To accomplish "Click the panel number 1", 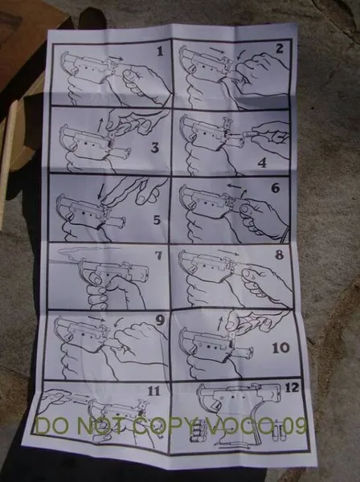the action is [x=160, y=52].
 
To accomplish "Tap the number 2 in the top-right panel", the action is [x=279, y=49].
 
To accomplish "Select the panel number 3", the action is [x=154, y=148].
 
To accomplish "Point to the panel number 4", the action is [x=262, y=162].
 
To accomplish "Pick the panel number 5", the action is [x=157, y=220].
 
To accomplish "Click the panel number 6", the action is [x=276, y=187].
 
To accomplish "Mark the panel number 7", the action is [x=158, y=255].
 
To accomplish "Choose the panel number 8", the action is [x=279, y=255].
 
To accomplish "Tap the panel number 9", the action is [x=160, y=321].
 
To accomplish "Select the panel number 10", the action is [x=280, y=348].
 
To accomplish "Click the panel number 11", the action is [x=153, y=391].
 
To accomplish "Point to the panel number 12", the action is [x=292, y=388].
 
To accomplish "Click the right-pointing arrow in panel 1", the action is [x=117, y=58].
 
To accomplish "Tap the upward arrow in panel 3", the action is [x=100, y=125].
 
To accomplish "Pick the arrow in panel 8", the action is [x=228, y=253].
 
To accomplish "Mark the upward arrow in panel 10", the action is [x=220, y=325].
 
